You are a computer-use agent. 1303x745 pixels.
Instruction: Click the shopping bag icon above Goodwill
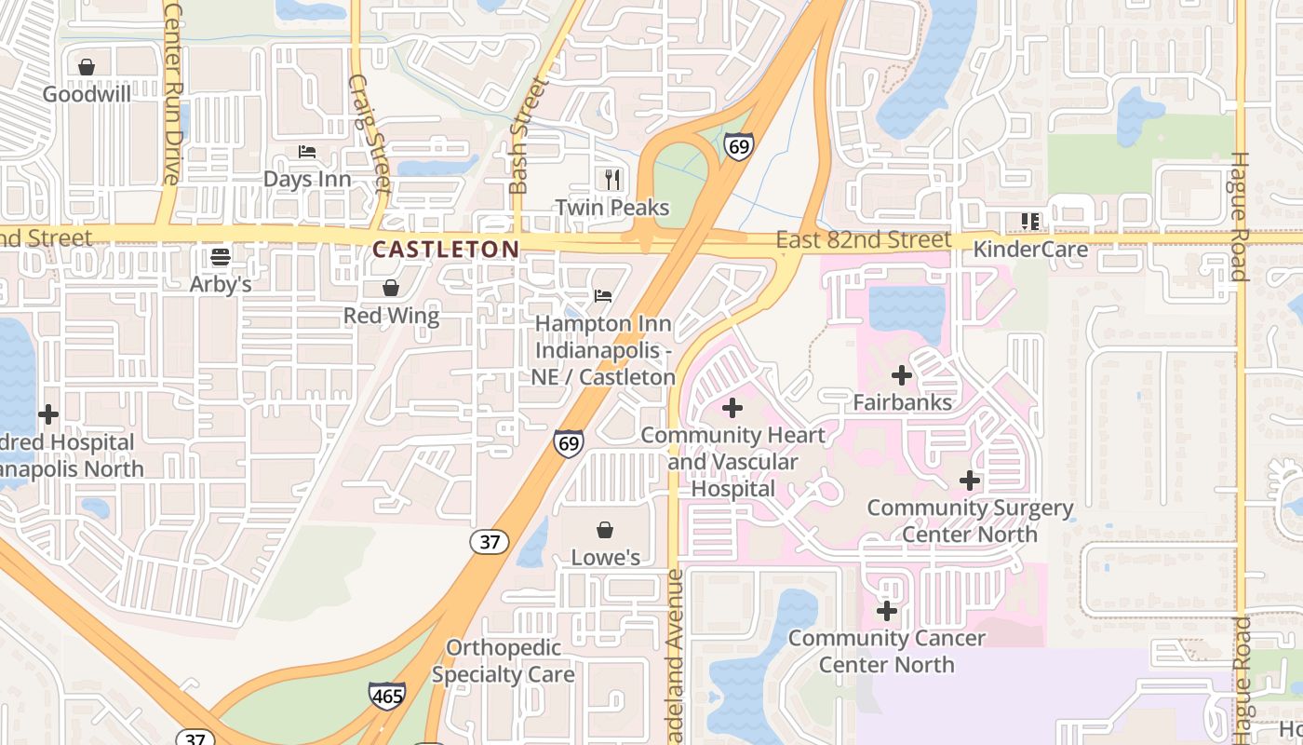point(87,67)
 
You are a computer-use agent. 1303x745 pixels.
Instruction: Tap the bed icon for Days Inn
point(307,152)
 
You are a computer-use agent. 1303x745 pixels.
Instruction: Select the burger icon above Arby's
point(221,256)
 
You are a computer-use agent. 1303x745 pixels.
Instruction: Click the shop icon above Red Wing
point(391,288)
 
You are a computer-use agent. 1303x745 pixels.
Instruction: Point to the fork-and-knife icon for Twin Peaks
point(611,179)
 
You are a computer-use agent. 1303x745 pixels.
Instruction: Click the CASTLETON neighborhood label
point(446,249)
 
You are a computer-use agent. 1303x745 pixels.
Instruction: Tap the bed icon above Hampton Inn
point(603,296)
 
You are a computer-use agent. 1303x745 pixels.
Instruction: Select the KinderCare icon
point(1029,222)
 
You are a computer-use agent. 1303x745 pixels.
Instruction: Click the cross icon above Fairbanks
point(901,375)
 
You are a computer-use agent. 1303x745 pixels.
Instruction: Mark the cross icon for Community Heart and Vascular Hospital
point(732,407)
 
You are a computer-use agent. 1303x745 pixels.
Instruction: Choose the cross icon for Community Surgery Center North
point(970,481)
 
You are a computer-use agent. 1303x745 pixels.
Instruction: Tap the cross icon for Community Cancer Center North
point(887,611)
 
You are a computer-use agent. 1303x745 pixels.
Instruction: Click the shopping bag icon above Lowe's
point(605,530)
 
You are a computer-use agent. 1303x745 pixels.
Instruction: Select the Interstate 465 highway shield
point(387,695)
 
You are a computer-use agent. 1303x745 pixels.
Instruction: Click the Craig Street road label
point(369,134)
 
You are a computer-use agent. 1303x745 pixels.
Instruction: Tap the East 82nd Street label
point(864,240)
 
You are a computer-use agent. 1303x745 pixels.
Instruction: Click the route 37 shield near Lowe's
point(490,542)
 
